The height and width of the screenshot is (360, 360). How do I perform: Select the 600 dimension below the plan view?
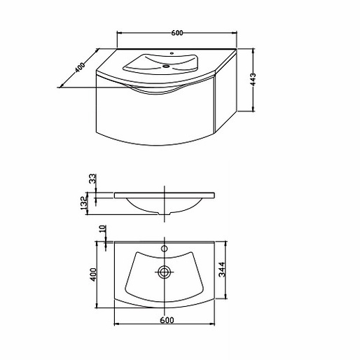(167, 320)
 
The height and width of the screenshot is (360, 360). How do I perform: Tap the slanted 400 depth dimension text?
(79, 67)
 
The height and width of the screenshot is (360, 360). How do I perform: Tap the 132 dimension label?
(84, 203)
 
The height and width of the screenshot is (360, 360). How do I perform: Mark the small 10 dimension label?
(103, 230)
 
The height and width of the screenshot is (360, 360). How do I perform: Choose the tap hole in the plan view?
(165, 248)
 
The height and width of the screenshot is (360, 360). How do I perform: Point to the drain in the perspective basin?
(167, 67)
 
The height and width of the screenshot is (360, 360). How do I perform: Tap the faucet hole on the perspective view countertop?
(172, 53)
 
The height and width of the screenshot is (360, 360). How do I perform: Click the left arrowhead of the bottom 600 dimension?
(116, 325)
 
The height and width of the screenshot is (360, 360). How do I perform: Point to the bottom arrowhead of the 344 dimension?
(226, 300)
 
